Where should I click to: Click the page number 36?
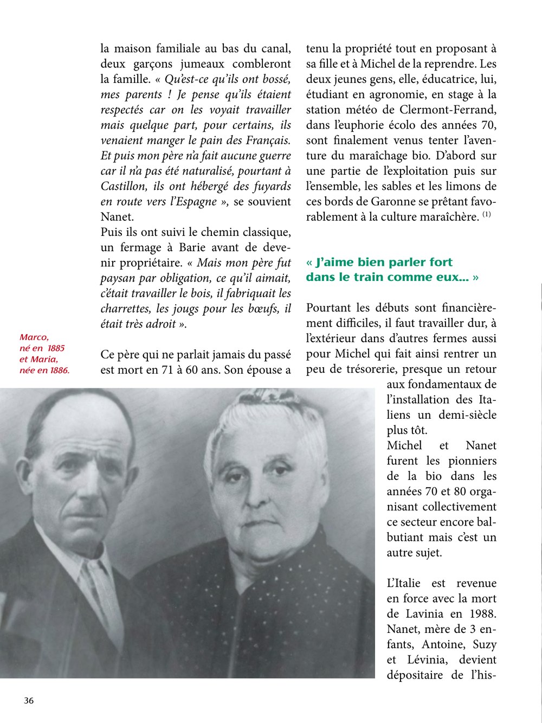(x=29, y=700)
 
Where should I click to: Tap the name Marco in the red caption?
(x=34, y=337)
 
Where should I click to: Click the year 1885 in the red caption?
(x=56, y=348)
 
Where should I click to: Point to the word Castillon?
(x=123, y=186)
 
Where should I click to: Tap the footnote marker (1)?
(x=487, y=215)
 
